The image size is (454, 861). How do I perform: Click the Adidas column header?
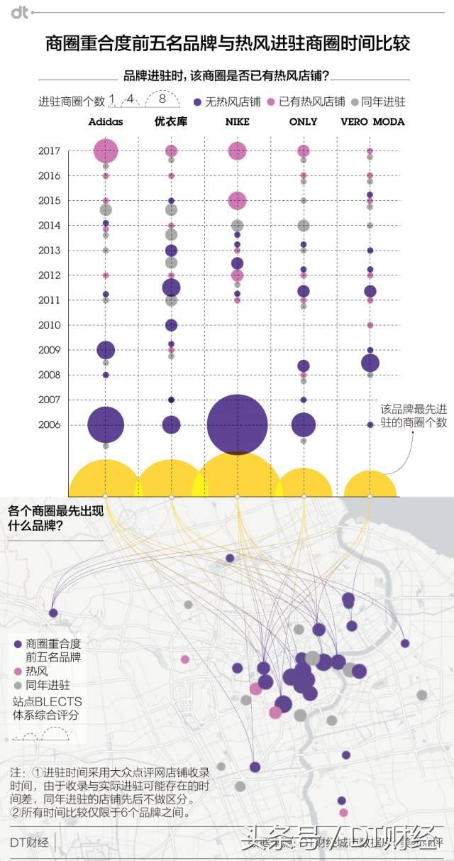tap(106, 121)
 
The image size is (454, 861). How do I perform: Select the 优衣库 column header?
tap(171, 121)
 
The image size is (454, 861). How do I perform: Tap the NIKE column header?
tap(237, 121)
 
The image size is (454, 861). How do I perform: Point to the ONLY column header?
tap(303, 121)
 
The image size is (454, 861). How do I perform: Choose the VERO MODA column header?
tap(372, 121)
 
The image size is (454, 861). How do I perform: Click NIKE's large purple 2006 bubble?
tap(237, 424)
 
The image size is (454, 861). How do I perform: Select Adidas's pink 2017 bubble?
tap(106, 150)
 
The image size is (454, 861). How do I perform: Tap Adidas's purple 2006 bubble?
tap(106, 425)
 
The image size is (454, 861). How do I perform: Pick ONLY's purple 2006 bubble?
tap(304, 424)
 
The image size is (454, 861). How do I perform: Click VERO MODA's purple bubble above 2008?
tap(370, 363)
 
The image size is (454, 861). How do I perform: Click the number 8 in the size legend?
tap(162, 99)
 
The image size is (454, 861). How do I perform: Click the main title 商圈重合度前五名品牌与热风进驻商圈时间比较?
tap(228, 44)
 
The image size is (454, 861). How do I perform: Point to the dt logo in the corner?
tap(19, 12)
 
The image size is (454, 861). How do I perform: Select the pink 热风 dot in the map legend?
tap(18, 671)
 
